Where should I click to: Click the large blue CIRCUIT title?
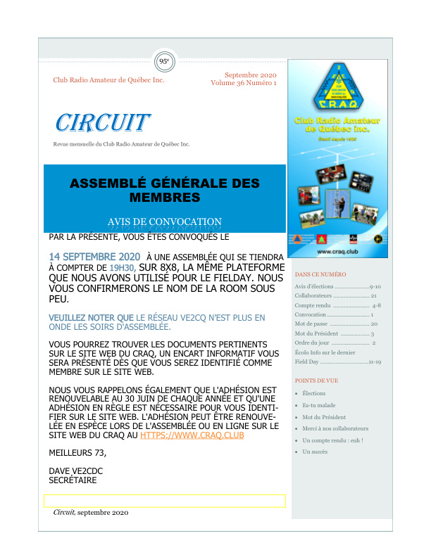[x=103, y=123]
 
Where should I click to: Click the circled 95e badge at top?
[x=164, y=61]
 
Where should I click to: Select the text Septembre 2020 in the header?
[x=250, y=75]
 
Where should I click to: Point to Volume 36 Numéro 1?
[x=244, y=83]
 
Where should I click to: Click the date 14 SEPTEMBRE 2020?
[x=95, y=257]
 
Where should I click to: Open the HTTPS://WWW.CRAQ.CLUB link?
[x=192, y=435]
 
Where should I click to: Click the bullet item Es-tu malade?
[x=318, y=405]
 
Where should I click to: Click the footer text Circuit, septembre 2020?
[x=91, y=513]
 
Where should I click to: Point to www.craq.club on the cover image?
[x=335, y=251]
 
